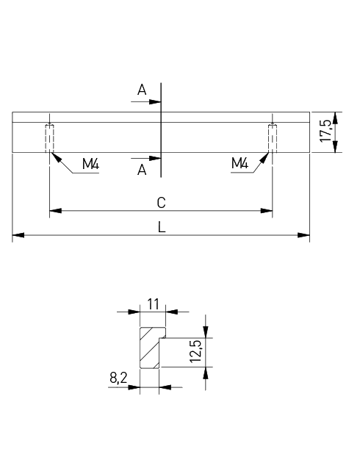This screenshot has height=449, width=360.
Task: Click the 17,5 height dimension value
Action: tap(325, 132)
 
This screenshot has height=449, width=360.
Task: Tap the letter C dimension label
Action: tap(161, 203)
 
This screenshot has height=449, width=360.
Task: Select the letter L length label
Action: tap(162, 227)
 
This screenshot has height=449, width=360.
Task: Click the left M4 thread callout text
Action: tap(90, 164)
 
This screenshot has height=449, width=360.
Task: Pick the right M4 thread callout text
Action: tap(240, 163)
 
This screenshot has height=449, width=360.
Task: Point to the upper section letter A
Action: tap(142, 90)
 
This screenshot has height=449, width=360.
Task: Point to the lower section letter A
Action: tap(142, 170)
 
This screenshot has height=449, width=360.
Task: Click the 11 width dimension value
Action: tap(153, 304)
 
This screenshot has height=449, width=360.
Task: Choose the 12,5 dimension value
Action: tap(196, 351)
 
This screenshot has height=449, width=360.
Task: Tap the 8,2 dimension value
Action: tap(118, 378)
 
